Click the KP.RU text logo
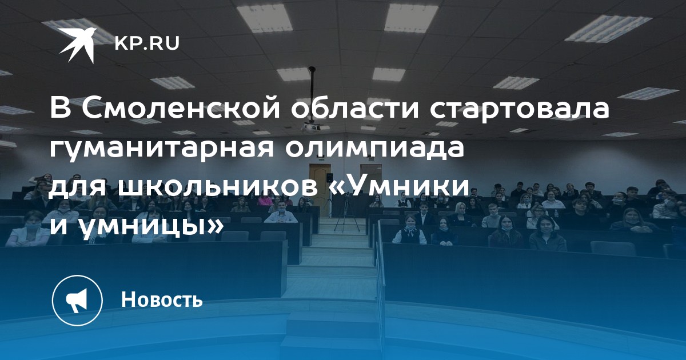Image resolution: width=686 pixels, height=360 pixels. point(147,43)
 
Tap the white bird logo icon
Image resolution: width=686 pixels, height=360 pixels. point(78,45)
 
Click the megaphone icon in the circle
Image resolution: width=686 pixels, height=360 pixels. point(77,300)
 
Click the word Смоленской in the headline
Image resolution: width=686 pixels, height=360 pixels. point(181,109)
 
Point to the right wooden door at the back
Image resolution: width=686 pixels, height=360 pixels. point(371,183)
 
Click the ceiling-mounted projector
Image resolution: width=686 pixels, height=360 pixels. point(310,126)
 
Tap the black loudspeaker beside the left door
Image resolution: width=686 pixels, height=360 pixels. point(329,178)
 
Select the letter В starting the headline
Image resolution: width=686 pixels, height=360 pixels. point(61,109)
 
